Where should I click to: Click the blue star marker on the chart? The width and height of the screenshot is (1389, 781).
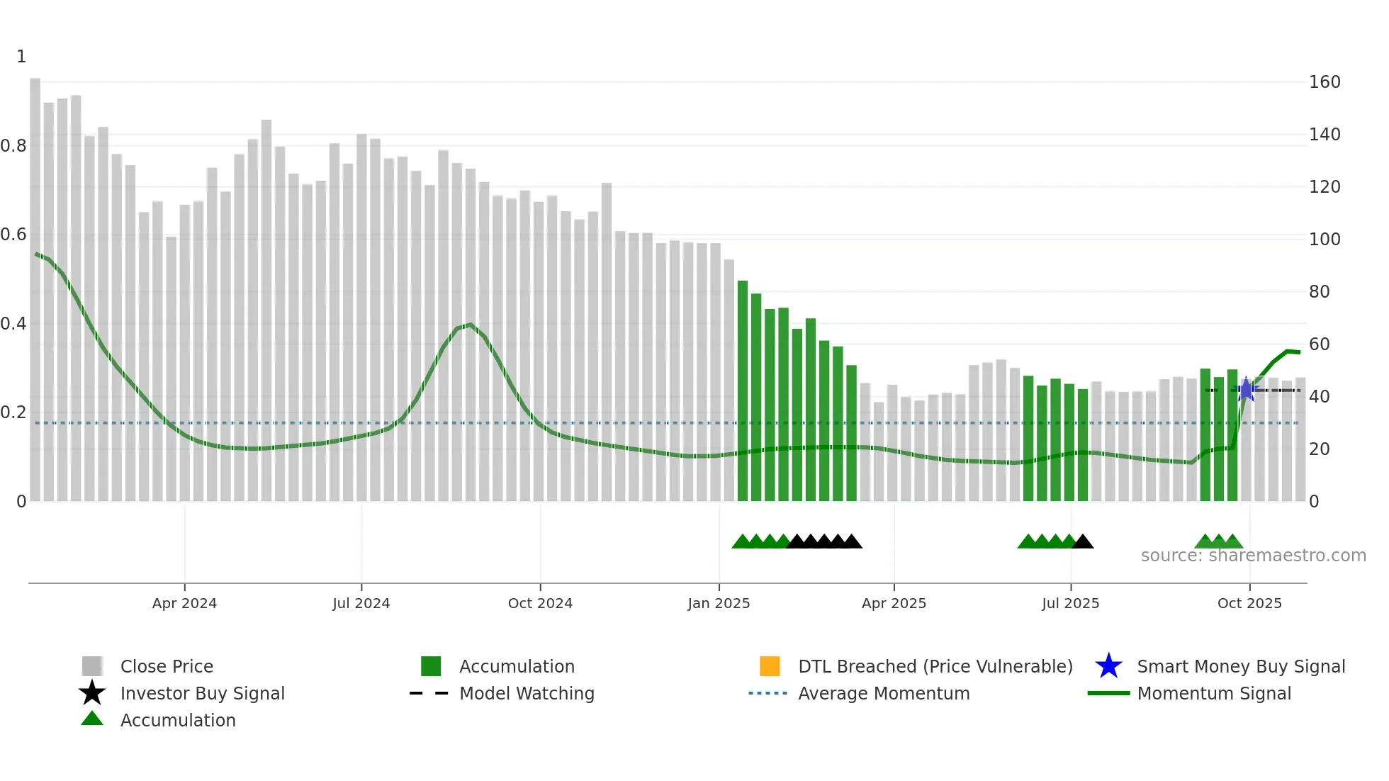(x=1246, y=389)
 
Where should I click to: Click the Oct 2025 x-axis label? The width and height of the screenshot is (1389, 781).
(x=1249, y=603)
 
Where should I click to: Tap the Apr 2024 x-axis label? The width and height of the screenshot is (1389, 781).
(x=184, y=603)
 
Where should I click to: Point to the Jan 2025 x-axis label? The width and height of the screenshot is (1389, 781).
(x=719, y=603)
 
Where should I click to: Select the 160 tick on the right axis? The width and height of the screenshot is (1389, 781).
(x=1324, y=82)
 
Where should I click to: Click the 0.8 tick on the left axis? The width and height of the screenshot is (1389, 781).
(x=14, y=146)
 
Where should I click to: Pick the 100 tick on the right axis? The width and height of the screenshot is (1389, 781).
(x=1324, y=240)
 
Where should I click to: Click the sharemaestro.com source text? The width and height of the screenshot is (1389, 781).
(x=1253, y=556)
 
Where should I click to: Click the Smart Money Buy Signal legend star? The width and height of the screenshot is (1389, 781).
(x=1108, y=666)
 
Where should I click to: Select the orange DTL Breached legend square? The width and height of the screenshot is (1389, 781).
(x=770, y=666)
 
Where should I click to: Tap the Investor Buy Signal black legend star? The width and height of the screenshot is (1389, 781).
(x=92, y=693)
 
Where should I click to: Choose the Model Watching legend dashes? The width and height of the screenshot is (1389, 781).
(x=429, y=693)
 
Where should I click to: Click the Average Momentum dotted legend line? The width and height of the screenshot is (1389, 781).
(x=768, y=693)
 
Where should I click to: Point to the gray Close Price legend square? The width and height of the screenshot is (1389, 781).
(x=92, y=666)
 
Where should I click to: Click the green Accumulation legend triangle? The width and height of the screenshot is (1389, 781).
(x=92, y=719)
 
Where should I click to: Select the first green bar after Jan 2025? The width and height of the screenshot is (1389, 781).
(x=743, y=390)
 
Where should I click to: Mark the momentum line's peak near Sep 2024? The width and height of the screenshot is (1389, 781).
(x=470, y=325)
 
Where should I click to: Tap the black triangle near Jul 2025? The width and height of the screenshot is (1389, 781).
(x=1083, y=542)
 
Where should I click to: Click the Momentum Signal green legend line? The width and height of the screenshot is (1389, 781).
(x=1108, y=693)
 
